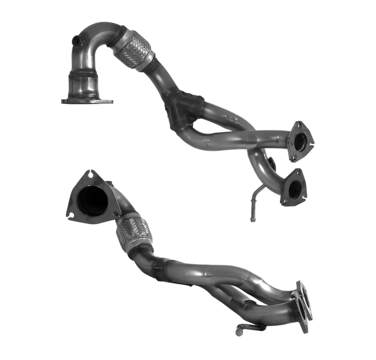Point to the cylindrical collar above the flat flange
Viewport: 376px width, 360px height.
(x=85, y=83)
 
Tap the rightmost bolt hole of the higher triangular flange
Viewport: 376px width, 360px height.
(x=312, y=143)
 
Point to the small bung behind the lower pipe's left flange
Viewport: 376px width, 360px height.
(x=110, y=183)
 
